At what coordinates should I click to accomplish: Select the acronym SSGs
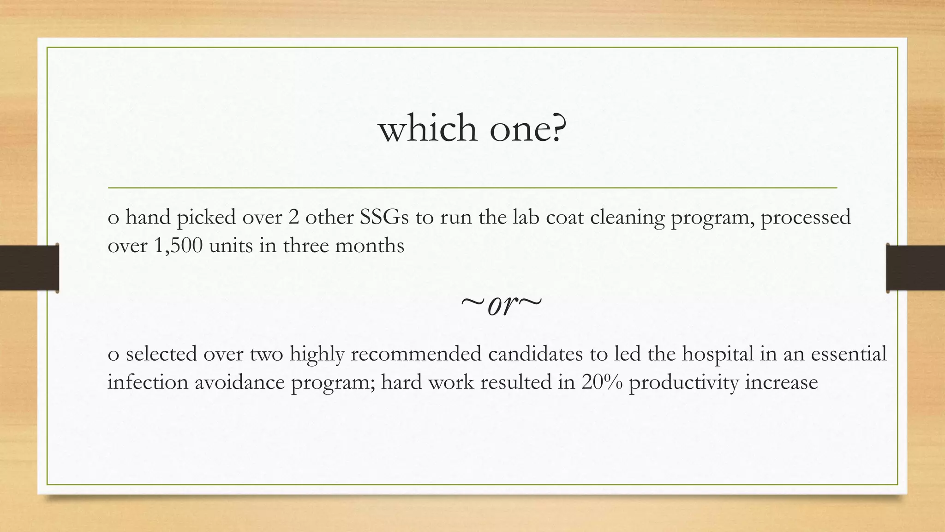coord(384,217)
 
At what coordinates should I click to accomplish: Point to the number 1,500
coord(178,245)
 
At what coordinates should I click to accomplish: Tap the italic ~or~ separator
coord(501,305)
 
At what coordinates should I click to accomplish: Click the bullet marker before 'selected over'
coord(113,356)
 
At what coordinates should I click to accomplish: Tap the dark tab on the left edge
coord(29,268)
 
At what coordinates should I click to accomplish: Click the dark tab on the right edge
coord(915,268)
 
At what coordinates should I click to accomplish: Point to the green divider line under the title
coord(472,188)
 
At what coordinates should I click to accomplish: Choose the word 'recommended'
coord(416,354)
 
